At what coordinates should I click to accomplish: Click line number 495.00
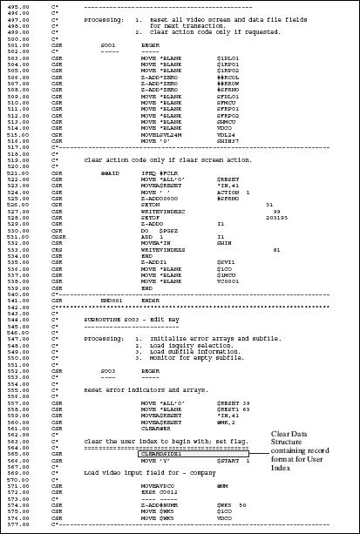[x=17, y=6]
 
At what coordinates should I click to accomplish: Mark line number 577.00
[x=17, y=524]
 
